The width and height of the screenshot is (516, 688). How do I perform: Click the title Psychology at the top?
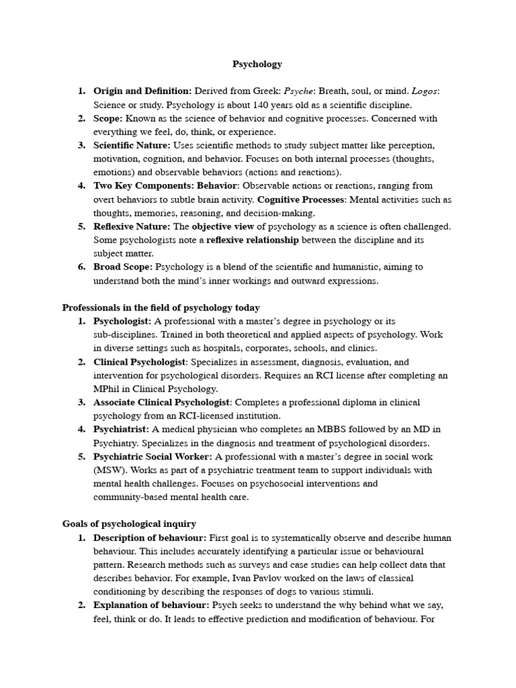point(257,64)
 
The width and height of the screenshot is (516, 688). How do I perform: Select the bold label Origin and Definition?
point(142,91)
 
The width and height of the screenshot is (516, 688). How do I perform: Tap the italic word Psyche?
point(298,91)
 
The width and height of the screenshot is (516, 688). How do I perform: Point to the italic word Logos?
point(425,91)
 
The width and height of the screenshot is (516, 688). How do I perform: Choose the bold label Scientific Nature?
point(132,145)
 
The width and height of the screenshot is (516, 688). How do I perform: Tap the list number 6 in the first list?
point(81,267)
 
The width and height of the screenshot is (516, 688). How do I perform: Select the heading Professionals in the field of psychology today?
point(161,308)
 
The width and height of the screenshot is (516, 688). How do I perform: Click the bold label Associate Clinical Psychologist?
point(162,402)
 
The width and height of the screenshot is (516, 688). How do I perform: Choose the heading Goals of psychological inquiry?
point(129,524)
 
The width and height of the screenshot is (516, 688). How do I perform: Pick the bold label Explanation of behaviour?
point(151,605)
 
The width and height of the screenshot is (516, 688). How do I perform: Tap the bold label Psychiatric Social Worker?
point(153,457)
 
